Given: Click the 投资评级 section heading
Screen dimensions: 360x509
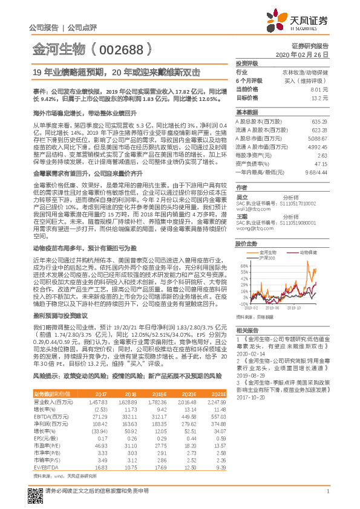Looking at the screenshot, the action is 247,63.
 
